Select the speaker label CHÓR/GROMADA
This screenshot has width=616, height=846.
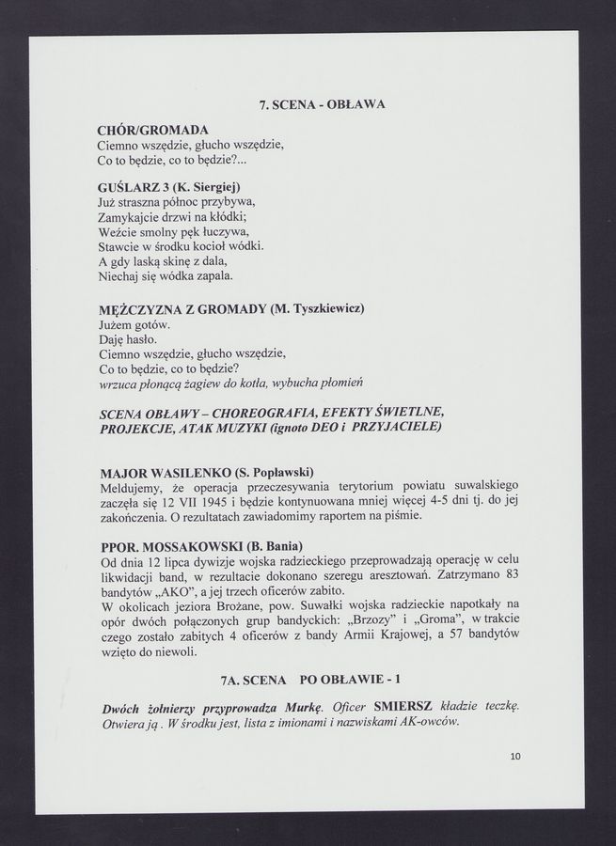coord(152,129)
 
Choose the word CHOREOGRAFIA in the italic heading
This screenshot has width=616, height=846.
coord(288,413)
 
